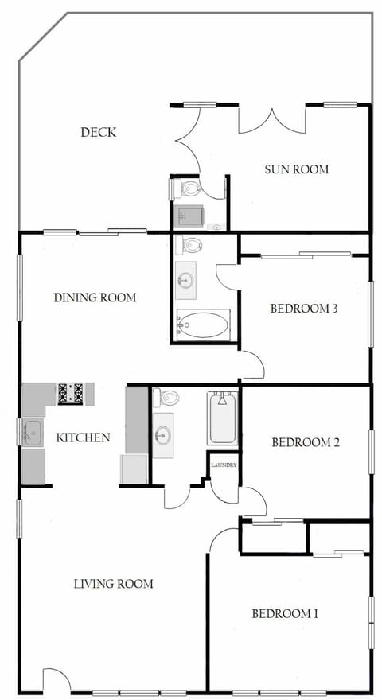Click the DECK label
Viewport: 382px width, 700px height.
98,132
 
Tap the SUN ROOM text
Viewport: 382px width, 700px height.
296,169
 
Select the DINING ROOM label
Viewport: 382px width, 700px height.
95,297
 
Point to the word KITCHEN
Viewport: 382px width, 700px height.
83,437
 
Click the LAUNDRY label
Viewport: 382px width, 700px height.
224,465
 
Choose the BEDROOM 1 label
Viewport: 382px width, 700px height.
285,613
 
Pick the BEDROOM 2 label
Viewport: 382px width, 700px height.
306,442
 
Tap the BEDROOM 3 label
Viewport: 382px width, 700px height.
305,309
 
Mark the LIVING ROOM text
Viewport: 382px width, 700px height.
113,583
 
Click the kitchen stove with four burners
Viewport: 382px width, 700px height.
70,393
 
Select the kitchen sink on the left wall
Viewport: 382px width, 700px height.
33,433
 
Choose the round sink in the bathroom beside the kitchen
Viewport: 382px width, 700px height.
163,435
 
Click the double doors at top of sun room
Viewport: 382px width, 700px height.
272,119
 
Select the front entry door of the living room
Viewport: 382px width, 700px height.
56,680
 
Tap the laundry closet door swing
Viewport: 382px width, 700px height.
224,491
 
